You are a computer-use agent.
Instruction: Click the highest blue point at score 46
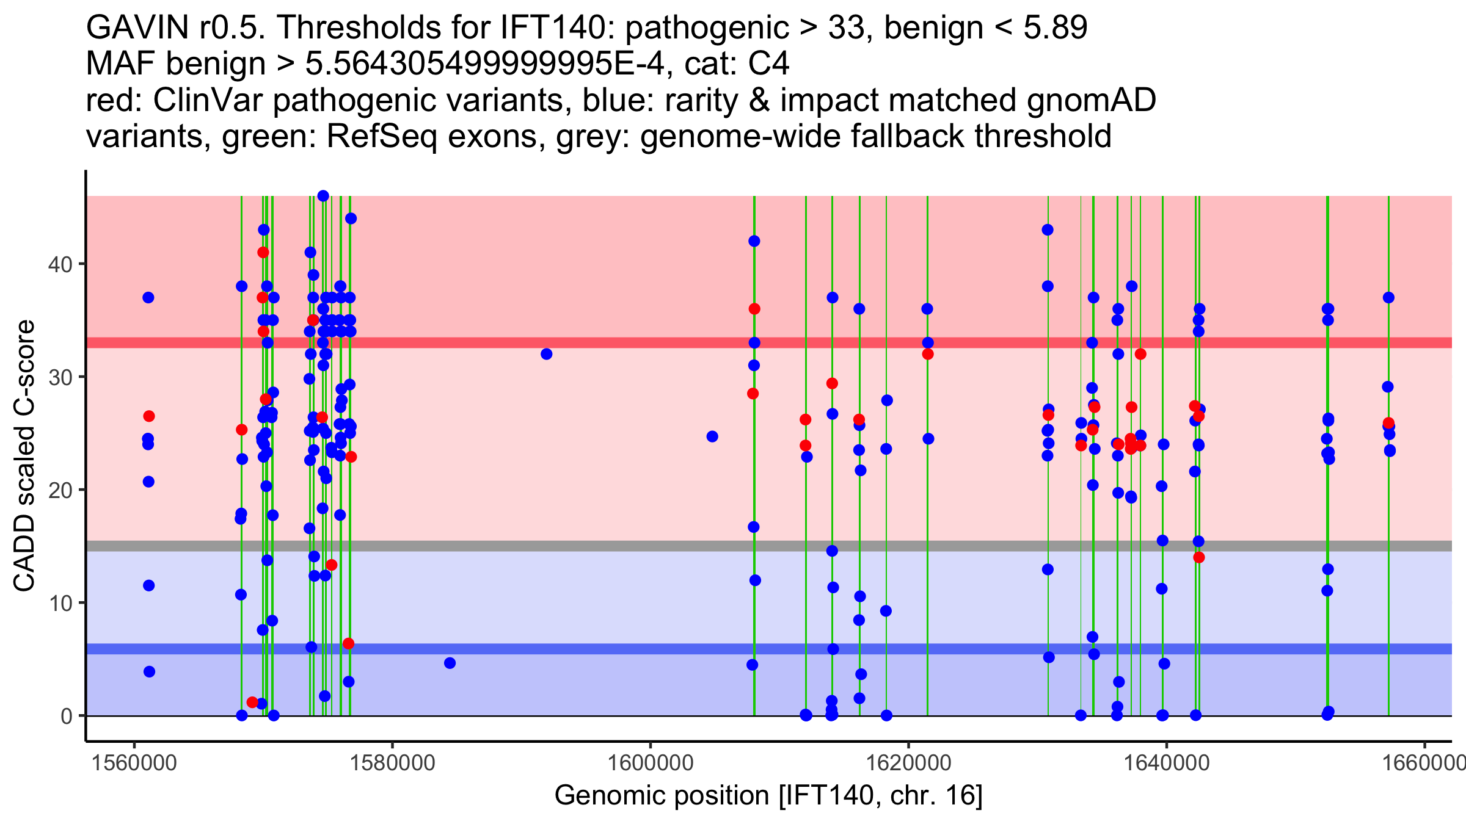323,196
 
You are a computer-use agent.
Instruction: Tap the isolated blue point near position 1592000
547,354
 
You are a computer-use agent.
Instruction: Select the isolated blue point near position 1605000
712,436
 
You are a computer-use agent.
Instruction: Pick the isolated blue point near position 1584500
450,663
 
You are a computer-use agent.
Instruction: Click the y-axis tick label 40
60,264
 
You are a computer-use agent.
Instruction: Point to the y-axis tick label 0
67,716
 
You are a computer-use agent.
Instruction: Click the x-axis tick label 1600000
651,763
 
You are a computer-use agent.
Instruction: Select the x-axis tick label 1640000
1167,763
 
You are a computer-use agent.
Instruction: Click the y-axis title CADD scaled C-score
24,456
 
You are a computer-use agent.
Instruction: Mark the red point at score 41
263,253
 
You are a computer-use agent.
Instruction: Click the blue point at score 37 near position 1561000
148,298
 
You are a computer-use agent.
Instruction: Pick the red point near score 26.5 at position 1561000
149,416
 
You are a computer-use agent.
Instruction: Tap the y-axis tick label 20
60,490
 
